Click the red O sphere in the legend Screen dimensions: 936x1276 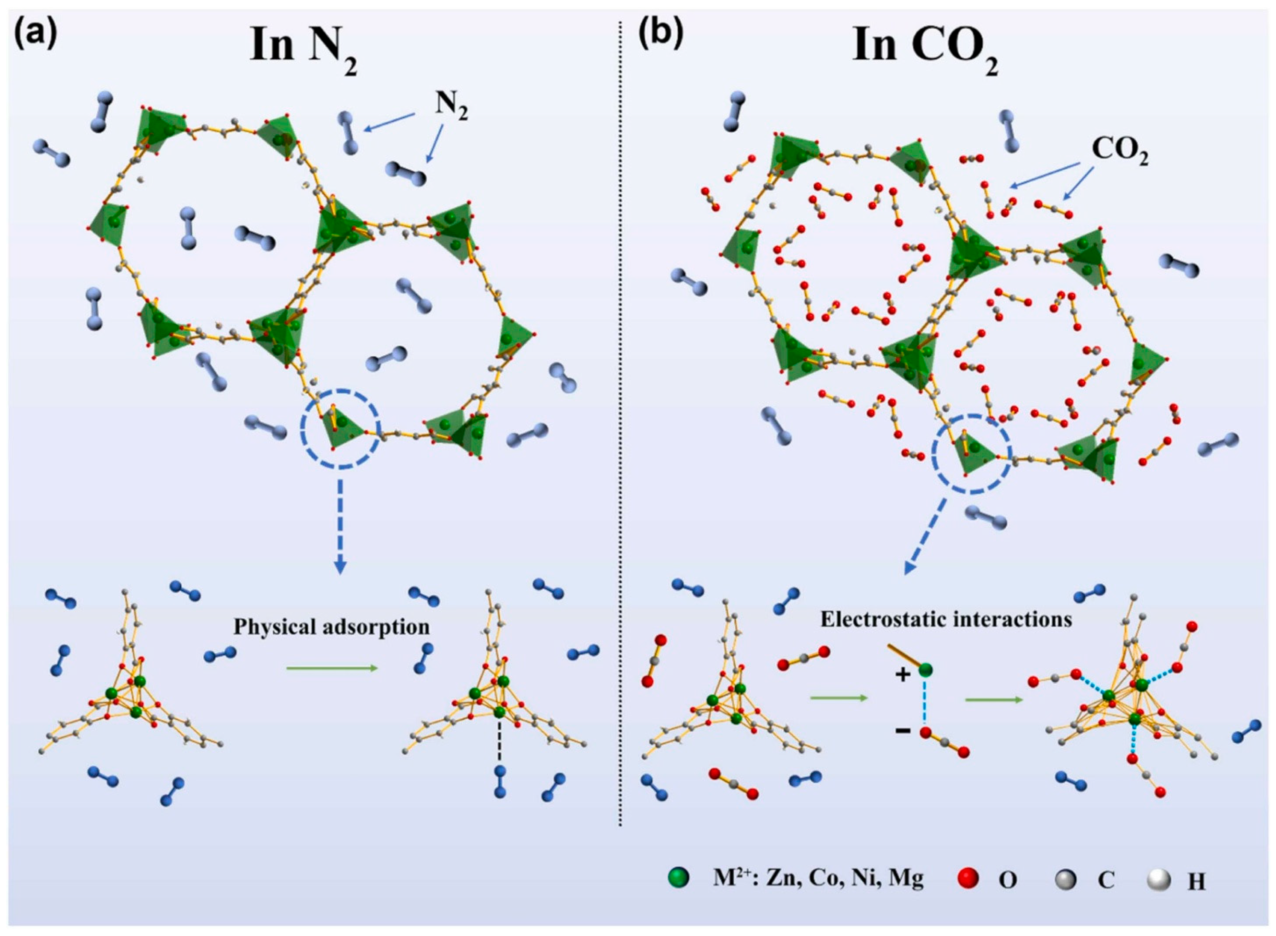click(x=969, y=894)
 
